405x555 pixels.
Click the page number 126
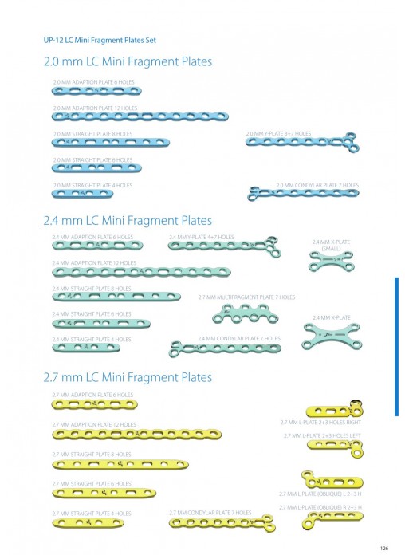tap(384, 548)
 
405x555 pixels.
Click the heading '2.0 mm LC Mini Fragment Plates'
tap(128, 61)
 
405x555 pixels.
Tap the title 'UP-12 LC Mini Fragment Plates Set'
tap(100, 40)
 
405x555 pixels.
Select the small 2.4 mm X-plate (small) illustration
tap(331, 262)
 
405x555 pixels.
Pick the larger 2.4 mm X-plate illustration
tap(332, 335)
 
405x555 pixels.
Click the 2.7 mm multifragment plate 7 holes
tap(246, 315)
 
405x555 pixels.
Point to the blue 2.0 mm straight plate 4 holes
tap(82, 194)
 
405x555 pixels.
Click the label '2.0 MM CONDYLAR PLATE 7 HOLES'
tap(317, 185)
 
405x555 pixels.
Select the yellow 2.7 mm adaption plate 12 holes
tap(136, 434)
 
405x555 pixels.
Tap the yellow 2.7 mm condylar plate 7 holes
tap(222, 522)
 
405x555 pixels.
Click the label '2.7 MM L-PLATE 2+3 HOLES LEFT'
tap(322, 435)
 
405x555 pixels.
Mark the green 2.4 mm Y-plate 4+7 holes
tap(225, 246)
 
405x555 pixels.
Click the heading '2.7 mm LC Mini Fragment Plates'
tap(128, 377)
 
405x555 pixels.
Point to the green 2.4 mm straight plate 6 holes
tap(101, 323)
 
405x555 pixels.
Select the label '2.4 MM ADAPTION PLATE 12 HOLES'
tap(94, 263)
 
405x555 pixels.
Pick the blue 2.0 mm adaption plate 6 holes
tap(96, 91)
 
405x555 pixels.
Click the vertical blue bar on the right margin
tap(396, 347)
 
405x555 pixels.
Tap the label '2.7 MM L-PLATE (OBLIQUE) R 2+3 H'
tap(320, 508)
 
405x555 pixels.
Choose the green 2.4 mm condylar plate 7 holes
tap(225, 349)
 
